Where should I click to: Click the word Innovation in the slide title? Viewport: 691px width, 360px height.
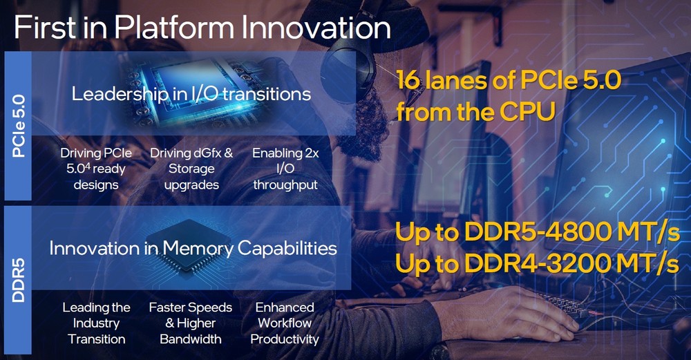click(316, 28)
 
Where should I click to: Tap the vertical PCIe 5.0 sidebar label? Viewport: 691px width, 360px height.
click(19, 126)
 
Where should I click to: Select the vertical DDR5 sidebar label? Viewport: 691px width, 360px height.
click(19, 281)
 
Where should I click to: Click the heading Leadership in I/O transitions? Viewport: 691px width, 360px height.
click(191, 94)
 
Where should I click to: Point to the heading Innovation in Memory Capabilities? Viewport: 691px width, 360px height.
click(193, 248)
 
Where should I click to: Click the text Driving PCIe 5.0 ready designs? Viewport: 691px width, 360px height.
click(96, 169)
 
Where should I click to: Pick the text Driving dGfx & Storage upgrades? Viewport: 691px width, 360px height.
click(191, 169)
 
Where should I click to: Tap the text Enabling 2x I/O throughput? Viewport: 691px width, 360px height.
click(285, 169)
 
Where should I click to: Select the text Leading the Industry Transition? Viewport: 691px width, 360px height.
click(96, 323)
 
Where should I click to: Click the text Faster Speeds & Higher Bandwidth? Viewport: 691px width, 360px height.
click(191, 323)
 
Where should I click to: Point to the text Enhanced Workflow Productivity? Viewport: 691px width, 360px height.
click(285, 323)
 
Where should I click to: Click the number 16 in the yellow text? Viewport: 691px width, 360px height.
click(408, 79)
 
